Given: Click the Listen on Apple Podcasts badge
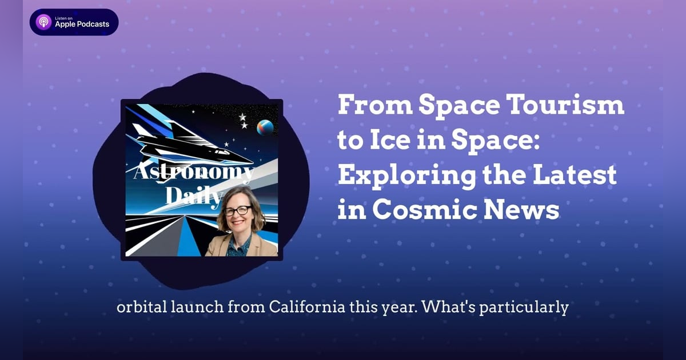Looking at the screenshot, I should tap(74, 22).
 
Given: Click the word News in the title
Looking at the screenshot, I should tap(526, 211).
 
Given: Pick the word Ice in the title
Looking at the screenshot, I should tap(389, 141).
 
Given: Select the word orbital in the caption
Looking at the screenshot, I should tap(140, 307).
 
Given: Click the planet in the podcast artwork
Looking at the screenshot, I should tap(264, 127).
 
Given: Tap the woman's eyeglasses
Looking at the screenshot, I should tap(238, 210).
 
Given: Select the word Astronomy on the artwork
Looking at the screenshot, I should tap(193, 173).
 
